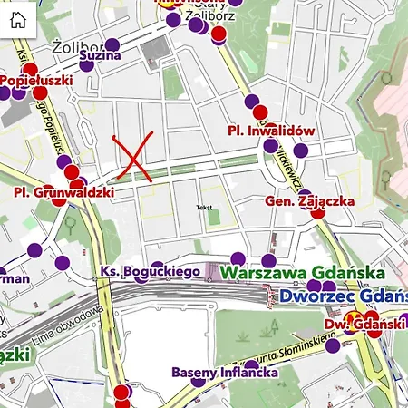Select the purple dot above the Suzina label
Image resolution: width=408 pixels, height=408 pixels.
112,45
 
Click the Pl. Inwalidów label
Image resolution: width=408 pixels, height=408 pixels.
271,131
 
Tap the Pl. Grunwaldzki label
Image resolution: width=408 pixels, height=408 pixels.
63,193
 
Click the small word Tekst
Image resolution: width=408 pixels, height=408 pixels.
204,208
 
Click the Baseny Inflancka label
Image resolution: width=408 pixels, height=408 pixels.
224,373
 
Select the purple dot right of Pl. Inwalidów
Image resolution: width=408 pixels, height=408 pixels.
300,150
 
